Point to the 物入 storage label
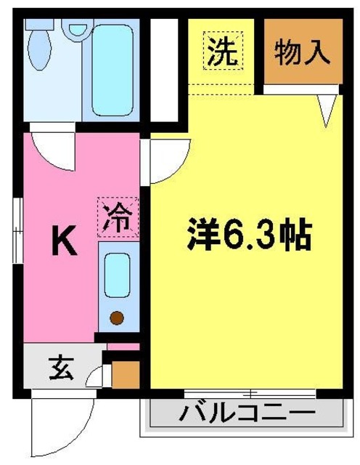point(302,52)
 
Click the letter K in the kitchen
point(64,243)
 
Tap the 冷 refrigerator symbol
point(117,216)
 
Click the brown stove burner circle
point(118,318)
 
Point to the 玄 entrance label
point(60,368)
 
